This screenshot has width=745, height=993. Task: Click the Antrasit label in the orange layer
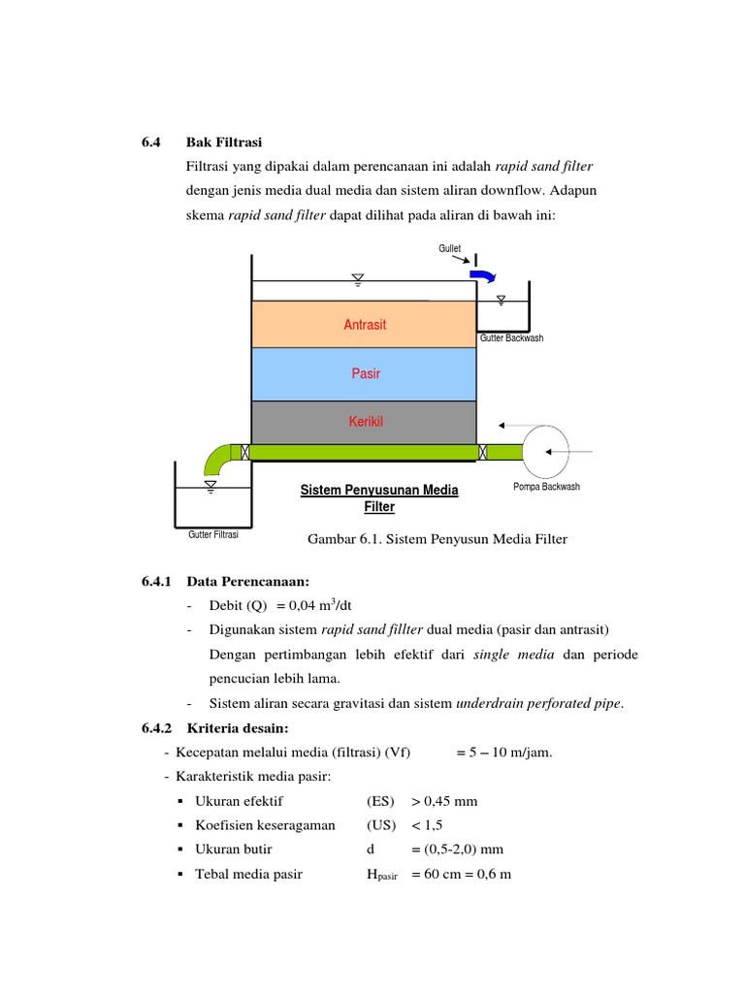click(365, 325)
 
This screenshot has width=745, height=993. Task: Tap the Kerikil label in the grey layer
click(365, 422)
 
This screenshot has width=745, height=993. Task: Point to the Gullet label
click(449, 249)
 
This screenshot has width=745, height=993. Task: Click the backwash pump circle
click(549, 451)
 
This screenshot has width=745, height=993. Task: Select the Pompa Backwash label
click(546, 487)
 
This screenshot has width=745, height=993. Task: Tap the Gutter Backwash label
click(512, 338)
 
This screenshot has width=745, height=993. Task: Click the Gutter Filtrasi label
click(213, 534)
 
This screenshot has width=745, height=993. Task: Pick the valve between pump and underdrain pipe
click(482, 452)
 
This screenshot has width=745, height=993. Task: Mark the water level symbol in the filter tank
click(358, 280)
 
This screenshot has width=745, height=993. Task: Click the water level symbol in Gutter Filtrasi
click(211, 484)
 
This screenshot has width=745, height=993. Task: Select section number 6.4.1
click(156, 582)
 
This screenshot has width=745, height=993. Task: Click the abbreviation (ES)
click(380, 802)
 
